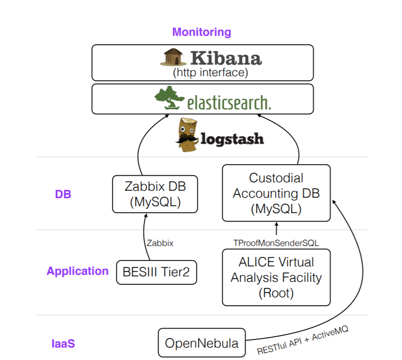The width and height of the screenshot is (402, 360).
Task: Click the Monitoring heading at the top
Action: (x=201, y=32)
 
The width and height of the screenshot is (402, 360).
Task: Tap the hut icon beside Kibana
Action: (x=173, y=57)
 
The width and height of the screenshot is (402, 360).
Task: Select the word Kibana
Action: (x=225, y=58)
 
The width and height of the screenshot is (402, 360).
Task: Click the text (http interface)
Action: (x=210, y=72)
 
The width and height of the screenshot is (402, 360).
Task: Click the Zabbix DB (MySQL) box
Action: (x=155, y=194)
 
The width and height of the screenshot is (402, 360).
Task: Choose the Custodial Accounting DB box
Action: (x=276, y=193)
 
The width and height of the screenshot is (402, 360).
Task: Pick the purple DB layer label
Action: (x=63, y=194)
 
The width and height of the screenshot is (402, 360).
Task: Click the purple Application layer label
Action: (x=78, y=271)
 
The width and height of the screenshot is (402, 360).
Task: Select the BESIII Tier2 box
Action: (x=156, y=272)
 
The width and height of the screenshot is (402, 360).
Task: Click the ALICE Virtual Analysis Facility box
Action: (x=276, y=277)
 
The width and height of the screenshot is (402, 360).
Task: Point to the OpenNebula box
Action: (x=201, y=343)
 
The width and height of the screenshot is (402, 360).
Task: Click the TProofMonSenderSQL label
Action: (x=276, y=242)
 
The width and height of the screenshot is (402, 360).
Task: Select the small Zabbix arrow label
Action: (x=160, y=243)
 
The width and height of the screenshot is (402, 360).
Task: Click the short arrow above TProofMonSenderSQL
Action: (x=277, y=229)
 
